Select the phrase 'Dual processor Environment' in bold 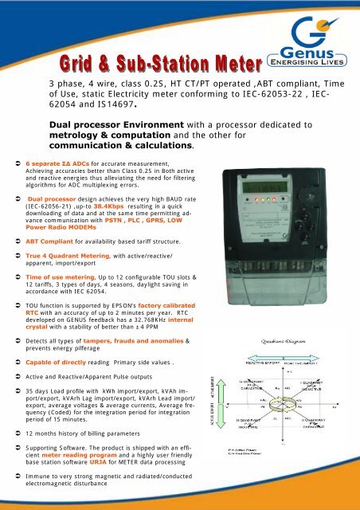tap(113, 125)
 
